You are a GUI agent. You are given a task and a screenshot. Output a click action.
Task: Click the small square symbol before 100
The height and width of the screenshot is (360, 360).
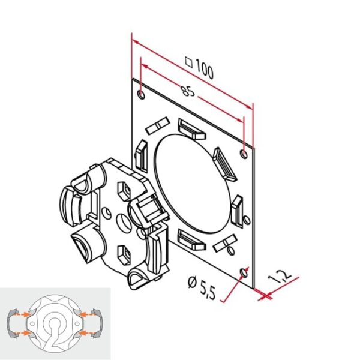(x=188, y=61)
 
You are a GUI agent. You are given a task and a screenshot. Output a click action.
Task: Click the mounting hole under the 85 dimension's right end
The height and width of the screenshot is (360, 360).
(x=243, y=154)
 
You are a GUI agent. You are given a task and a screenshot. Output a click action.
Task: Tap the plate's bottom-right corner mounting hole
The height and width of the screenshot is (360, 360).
(x=243, y=273)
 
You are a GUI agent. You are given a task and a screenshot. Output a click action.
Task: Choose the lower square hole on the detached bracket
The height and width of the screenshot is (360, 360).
(x=124, y=254)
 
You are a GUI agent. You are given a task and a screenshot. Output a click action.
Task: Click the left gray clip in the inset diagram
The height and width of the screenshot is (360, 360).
(x=12, y=325)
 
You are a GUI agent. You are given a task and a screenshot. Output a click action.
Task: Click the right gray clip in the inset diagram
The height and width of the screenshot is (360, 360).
(x=98, y=325)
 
